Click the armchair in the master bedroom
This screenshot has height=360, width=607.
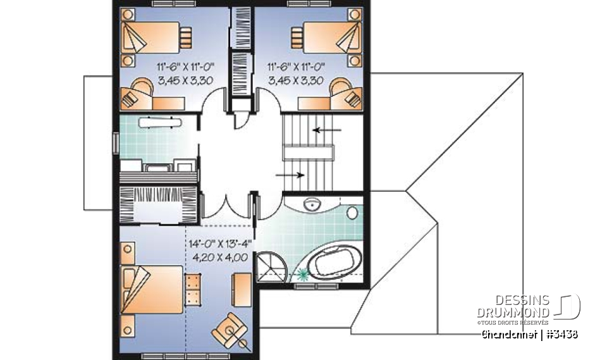(228, 327)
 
